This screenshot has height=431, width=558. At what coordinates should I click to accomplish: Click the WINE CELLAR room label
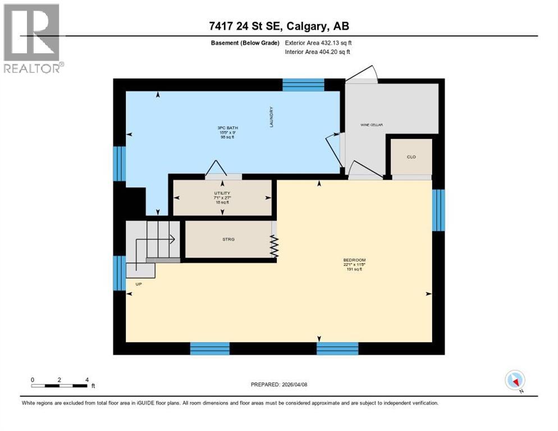pyautogui.click(x=372, y=125)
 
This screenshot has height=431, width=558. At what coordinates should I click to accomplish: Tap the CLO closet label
pyautogui.click(x=411, y=157)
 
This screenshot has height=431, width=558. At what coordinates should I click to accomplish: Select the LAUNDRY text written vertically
pyautogui.click(x=271, y=117)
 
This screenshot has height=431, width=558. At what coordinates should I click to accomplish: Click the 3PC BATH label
pyautogui.click(x=224, y=128)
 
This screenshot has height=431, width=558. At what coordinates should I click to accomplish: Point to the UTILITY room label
pyautogui.click(x=222, y=193)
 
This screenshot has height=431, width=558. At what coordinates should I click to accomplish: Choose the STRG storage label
pyautogui.click(x=228, y=240)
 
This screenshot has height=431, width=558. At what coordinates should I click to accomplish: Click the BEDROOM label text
pyautogui.click(x=354, y=260)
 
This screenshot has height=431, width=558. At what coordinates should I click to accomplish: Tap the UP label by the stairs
pyautogui.click(x=138, y=284)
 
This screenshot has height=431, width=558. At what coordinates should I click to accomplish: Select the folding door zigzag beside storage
pyautogui.click(x=275, y=246)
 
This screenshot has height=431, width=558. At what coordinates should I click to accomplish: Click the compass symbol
pyautogui.click(x=514, y=380)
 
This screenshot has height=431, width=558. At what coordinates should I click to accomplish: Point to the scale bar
pyautogui.click(x=60, y=386)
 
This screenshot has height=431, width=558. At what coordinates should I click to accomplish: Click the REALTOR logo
pyautogui.click(x=32, y=38)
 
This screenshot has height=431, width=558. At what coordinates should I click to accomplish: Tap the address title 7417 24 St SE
pyautogui.click(x=278, y=27)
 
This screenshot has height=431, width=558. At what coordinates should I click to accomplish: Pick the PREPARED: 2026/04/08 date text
pyautogui.click(x=278, y=384)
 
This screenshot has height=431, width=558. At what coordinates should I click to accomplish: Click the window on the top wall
pyautogui.click(x=303, y=85)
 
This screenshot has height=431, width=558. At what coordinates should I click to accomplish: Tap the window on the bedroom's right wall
pyautogui.click(x=438, y=210)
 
